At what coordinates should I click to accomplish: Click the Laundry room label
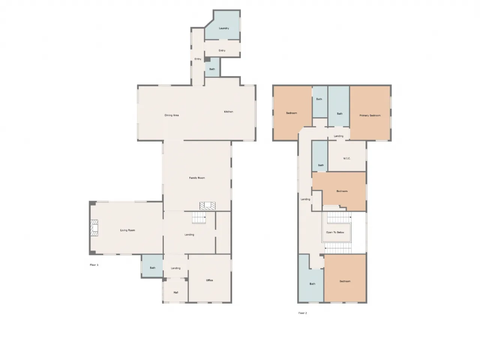click(224, 28)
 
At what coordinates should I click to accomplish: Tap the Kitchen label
click(228, 112)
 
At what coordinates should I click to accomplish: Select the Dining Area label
click(171, 115)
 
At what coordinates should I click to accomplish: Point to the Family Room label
click(197, 178)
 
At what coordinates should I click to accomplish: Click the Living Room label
click(127, 230)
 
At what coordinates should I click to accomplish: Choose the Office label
click(209, 280)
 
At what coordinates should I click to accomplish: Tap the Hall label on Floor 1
click(175, 292)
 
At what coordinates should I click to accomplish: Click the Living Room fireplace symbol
click(94, 228)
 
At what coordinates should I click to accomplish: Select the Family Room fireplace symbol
click(207, 206)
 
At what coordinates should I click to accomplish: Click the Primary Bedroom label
click(370, 115)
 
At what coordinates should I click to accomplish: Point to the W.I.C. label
click(346, 159)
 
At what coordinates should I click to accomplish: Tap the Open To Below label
click(335, 232)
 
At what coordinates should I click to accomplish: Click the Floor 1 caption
click(94, 265)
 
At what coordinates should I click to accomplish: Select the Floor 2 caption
click(302, 313)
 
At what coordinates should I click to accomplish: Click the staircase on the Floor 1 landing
click(199, 217)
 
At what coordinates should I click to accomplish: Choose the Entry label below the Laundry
click(222, 51)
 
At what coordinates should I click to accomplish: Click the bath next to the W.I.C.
click(320, 156)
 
